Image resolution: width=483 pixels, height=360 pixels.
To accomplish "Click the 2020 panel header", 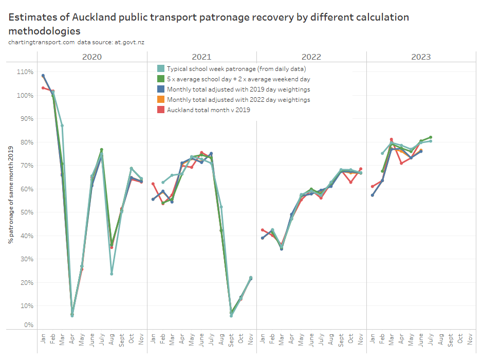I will [x=92, y=57].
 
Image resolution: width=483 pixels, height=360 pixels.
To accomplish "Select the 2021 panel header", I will [x=201, y=57].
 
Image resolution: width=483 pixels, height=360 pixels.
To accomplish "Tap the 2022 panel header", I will [x=311, y=57].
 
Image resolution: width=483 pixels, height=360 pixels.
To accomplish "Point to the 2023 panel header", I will [x=421, y=57].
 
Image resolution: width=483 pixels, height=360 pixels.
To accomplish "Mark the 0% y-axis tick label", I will [x=28, y=325].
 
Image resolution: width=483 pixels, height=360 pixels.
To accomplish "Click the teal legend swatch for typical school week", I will [x=161, y=68].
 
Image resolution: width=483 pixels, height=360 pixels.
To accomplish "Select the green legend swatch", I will [x=161, y=79].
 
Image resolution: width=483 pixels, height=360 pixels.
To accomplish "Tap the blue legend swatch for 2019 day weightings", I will [x=161, y=89].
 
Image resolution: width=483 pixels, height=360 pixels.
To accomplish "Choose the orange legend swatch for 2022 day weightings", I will [x=161, y=99].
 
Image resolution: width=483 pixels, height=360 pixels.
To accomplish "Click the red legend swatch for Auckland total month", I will [x=161, y=110].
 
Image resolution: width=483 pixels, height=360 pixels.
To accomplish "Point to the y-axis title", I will [x=10, y=196].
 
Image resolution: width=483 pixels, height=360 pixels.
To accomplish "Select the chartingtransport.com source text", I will [x=41, y=42].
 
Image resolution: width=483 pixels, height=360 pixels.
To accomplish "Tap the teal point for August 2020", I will [x=112, y=274].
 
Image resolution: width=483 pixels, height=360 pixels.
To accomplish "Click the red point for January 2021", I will [x=153, y=184].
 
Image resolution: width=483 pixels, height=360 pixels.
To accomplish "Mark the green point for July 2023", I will [x=431, y=137].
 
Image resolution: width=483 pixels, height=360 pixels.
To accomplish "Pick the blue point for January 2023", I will [x=373, y=195].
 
